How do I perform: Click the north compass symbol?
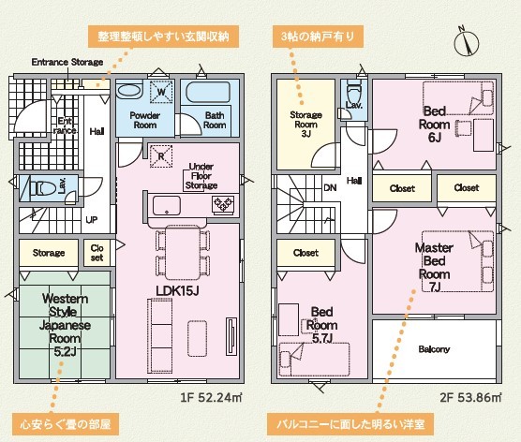467,42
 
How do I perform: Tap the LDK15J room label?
177,291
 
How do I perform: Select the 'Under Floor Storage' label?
201,176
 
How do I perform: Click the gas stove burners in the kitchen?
223,204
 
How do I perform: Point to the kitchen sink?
167,206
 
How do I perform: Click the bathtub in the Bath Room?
208,92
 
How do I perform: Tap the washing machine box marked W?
161,92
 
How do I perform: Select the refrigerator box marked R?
161,155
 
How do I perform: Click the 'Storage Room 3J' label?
306,125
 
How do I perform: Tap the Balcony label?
434,349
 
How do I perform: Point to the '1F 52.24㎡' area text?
211,397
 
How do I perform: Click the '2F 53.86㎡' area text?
470,397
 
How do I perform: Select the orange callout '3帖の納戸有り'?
318,37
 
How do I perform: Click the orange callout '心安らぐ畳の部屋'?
66,424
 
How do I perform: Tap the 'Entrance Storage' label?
67,62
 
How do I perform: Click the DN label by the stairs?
330,188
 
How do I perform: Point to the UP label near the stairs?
92,220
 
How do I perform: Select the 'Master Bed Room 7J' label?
434,267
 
